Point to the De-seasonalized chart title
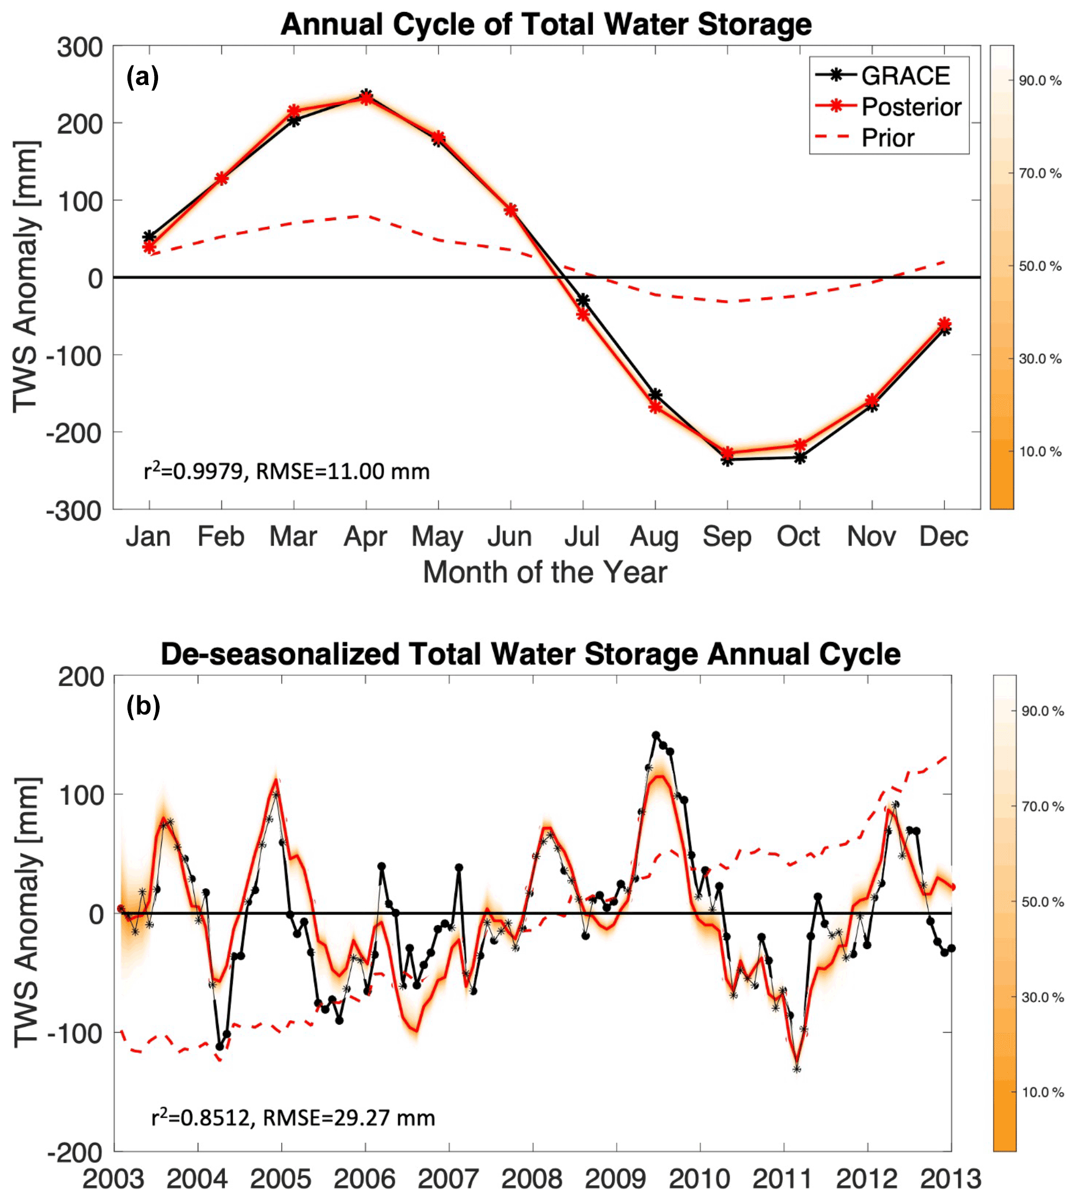530,654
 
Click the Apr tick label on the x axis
366,537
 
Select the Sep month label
727,537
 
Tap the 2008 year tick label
532,1178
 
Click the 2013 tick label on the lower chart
951,1178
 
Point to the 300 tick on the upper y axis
80,47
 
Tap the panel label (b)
143,706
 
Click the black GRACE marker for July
583,300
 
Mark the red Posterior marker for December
944,324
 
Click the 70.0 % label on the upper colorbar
1040,173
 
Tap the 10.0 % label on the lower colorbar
1042,1093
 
